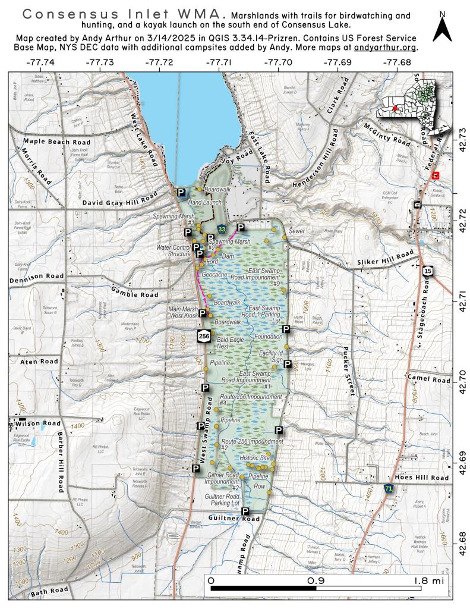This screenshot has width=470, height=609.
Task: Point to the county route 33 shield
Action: (222, 228)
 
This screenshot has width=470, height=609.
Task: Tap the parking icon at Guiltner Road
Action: (244, 511)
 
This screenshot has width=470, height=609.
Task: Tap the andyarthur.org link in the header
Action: (385, 47)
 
